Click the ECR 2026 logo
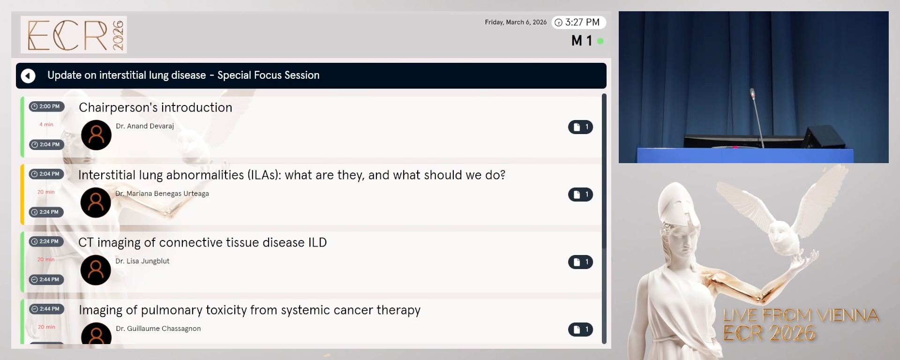pos(74,35)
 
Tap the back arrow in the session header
pos(28,75)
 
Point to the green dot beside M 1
pos(600,41)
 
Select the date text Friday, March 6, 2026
pos(516,22)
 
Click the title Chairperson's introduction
pos(155,107)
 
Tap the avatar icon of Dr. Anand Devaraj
pos(96,135)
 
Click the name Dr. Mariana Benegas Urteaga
pos(162,194)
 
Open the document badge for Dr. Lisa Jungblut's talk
pos(580,262)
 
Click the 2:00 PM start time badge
pos(46,106)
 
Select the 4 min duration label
pos(46,125)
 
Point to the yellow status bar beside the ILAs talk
pos(22,194)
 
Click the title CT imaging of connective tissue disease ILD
pos(202,242)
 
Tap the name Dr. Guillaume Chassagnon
pos(158,329)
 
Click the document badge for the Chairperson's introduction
pos(580,127)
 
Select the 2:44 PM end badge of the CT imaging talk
pos(46,280)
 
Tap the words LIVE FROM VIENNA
pos(801,315)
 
